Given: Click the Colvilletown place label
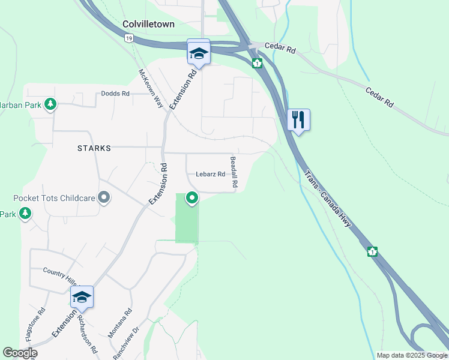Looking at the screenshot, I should (148, 24).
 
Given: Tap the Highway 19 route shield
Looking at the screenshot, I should (128, 38).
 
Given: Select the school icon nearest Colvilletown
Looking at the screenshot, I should (199, 53).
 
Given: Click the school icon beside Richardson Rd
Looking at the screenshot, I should (82, 297).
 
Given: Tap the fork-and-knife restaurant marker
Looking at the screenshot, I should (298, 120).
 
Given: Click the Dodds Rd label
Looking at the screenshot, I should (115, 94).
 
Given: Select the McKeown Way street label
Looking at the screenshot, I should (151, 89).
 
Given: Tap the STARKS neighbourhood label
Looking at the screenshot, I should (94, 148).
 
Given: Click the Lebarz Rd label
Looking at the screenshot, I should (210, 175).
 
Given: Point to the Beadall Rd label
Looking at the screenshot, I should (234, 174).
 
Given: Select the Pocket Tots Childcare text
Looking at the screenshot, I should (54, 197).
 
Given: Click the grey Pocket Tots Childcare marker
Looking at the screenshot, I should (104, 197).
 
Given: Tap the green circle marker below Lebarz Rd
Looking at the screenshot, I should (192, 197).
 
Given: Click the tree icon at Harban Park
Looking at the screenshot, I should (50, 104).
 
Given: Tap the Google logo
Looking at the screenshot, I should (20, 353).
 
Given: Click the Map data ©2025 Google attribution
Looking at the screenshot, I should (411, 355).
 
